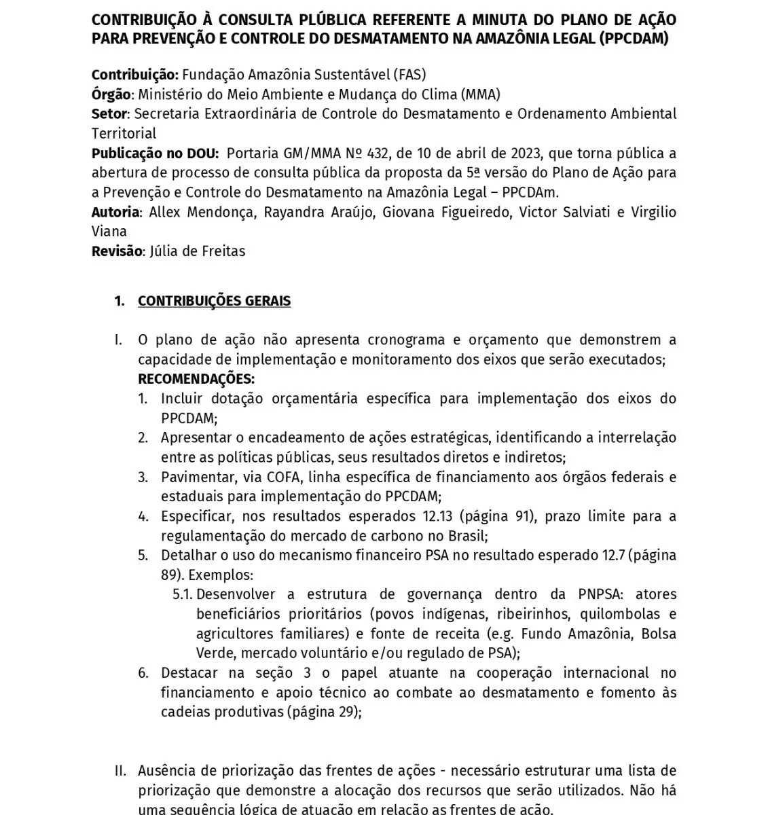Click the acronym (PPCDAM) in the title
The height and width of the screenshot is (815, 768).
click(634, 38)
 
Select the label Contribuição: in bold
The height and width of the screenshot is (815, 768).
click(135, 75)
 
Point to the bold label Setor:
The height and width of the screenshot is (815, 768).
click(111, 113)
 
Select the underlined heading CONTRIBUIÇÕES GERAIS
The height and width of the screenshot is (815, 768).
click(214, 301)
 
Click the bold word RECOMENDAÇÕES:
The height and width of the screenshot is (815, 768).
click(196, 379)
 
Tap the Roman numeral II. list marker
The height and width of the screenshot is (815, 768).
click(120, 771)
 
